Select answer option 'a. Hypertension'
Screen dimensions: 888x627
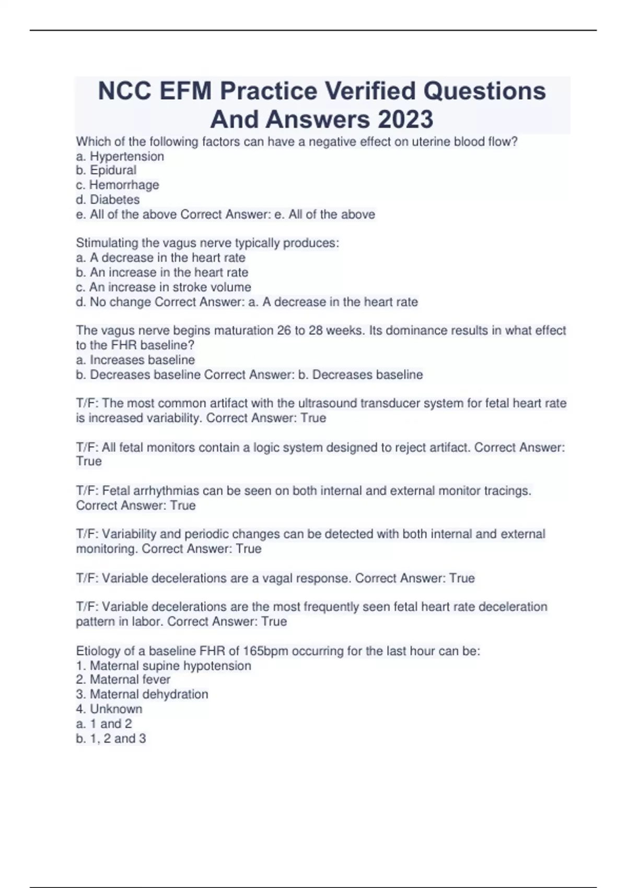[x=120, y=156]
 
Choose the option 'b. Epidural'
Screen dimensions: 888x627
[x=106, y=170]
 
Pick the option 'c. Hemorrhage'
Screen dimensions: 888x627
[x=118, y=185]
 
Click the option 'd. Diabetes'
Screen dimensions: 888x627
[x=108, y=200]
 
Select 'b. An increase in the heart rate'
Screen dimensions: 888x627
[x=162, y=272]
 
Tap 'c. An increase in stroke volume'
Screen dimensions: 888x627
[x=164, y=287]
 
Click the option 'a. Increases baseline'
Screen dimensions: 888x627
[x=135, y=360]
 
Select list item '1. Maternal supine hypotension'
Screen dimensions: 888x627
[x=164, y=665]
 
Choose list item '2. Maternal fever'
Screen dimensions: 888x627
[x=123, y=680]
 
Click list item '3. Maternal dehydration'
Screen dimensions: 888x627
[x=142, y=694]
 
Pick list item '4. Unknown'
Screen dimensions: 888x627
[x=109, y=709]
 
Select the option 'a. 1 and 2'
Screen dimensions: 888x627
[x=104, y=723]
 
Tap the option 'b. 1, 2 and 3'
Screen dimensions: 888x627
[x=111, y=738]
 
